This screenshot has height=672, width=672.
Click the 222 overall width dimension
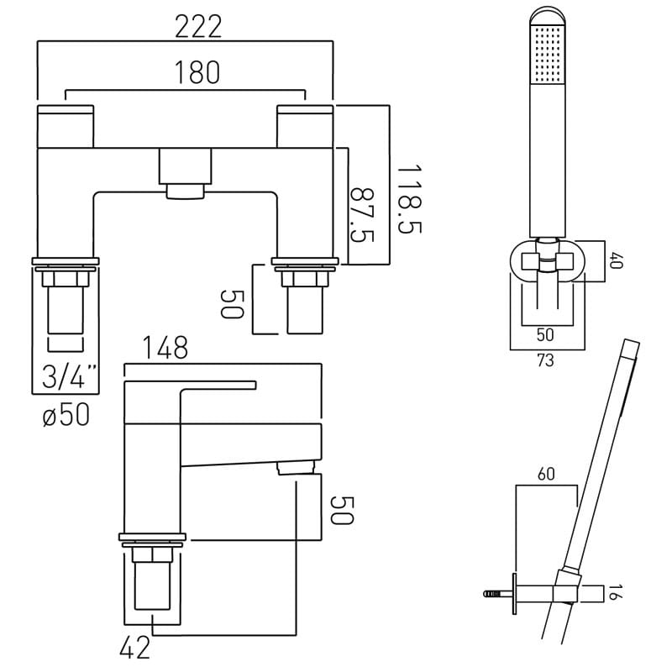click(x=198, y=27)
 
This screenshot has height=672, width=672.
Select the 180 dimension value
click(x=197, y=72)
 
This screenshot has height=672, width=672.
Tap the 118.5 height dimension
click(x=409, y=199)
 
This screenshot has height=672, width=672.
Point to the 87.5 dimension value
click(x=362, y=215)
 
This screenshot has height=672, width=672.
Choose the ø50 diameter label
click(x=66, y=414)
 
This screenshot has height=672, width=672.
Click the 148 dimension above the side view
click(x=165, y=347)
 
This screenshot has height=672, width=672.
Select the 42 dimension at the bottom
click(x=135, y=647)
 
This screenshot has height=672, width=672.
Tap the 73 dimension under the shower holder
click(x=545, y=360)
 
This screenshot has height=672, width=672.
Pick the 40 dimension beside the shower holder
click(x=617, y=260)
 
